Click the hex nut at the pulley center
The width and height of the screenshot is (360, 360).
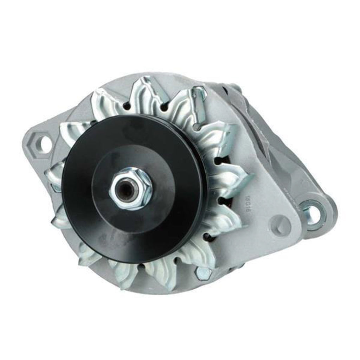[131, 188]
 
